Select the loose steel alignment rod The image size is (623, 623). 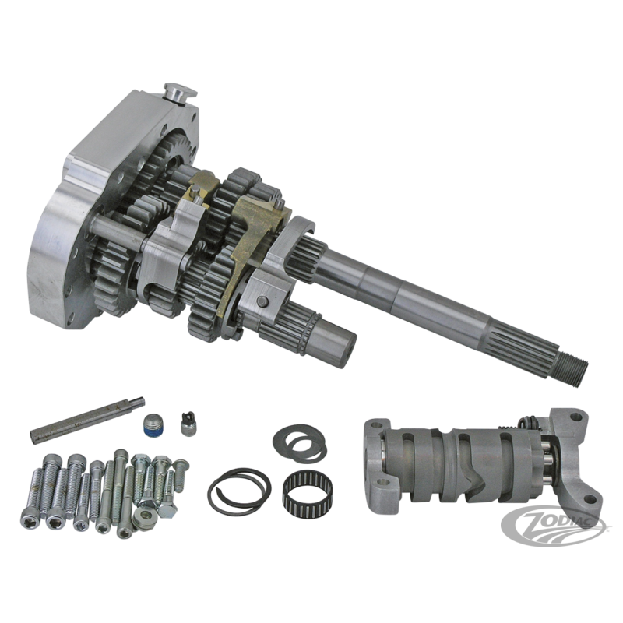point(88,420)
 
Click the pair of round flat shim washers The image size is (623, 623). point(300,442)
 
